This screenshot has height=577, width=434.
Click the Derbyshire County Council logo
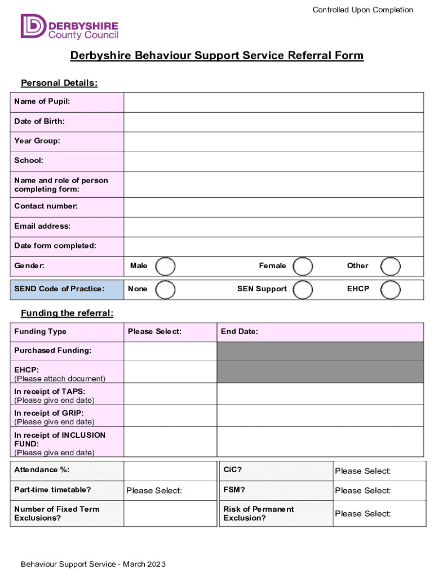coord(70,26)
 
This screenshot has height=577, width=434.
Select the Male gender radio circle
coord(165,266)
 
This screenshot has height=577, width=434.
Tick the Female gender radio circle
coord(304,266)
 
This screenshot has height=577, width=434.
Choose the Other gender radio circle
coord(391,266)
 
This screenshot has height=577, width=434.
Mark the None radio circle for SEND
coord(165,289)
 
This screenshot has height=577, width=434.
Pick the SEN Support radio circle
coord(304,289)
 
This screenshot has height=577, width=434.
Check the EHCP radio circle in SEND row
coord(391,289)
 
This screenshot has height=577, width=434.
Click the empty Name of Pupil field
coord(273,103)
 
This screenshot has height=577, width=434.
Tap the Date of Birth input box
coord(273,122)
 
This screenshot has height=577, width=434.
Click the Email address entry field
coord(273,227)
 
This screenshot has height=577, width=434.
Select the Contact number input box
coord(273,207)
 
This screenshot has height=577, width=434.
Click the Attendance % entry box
coord(170,471)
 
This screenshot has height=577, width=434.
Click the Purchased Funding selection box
coord(170,351)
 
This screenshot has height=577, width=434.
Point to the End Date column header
coord(240,332)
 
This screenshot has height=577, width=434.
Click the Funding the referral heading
coord(67,314)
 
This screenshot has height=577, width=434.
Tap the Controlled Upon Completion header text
coord(363,10)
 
